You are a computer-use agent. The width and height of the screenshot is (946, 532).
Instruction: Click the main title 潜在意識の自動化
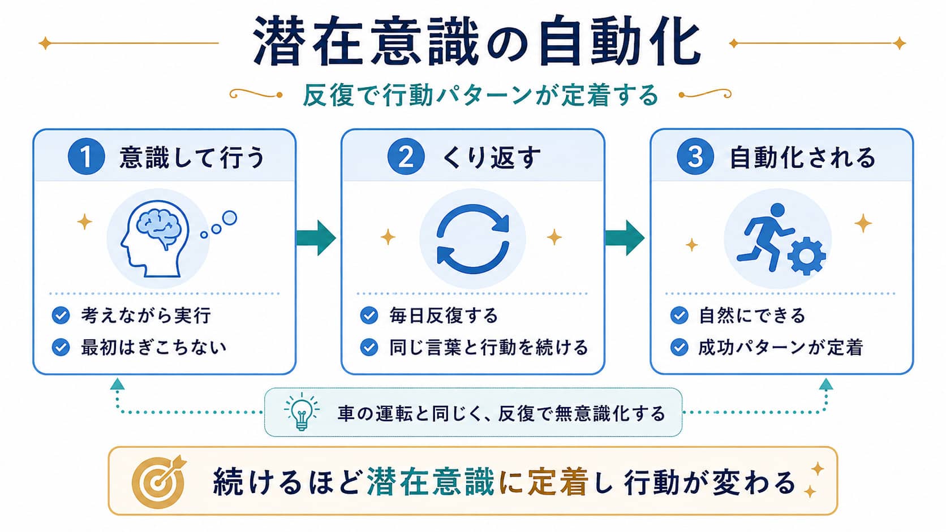(477, 41)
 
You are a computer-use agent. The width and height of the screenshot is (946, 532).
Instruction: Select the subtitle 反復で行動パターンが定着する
(480, 96)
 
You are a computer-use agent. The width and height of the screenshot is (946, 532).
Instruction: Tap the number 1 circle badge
(86, 157)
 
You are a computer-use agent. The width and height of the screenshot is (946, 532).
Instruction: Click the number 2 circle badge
(406, 157)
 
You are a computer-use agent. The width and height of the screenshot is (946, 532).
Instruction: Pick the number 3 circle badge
(695, 157)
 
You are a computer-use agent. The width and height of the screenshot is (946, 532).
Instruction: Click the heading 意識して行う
(192, 157)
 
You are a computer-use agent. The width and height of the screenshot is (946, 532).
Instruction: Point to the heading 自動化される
(802, 157)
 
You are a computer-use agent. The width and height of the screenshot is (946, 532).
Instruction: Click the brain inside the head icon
(159, 227)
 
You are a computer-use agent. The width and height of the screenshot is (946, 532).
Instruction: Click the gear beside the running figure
(807, 256)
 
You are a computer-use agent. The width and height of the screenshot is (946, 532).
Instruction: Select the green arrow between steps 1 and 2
(316, 238)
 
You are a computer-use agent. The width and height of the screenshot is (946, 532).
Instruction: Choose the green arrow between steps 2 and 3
(625, 238)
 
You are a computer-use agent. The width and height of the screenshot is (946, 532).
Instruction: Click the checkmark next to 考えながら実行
(61, 315)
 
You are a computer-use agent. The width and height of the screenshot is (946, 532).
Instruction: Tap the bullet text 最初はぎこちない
(154, 348)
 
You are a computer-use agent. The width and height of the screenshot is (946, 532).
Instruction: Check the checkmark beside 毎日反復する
(369, 315)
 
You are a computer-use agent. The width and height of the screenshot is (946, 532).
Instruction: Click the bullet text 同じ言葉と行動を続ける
(489, 348)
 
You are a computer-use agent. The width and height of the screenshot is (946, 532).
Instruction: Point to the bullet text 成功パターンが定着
(780, 348)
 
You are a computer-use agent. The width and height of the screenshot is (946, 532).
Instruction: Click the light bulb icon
(302, 412)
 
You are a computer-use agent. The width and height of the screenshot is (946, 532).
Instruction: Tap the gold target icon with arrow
(159, 481)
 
